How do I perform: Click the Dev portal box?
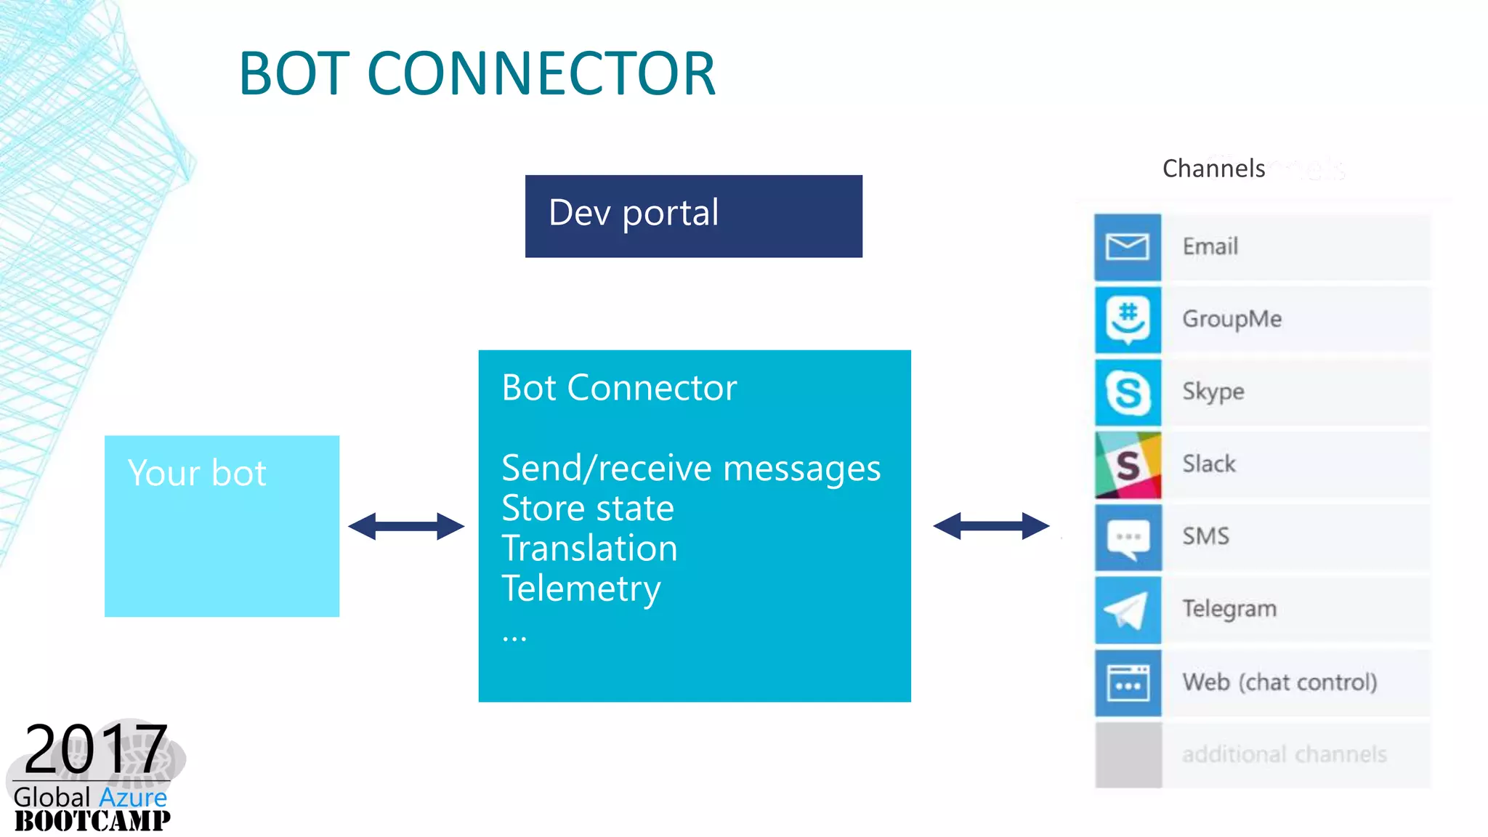pos(693,216)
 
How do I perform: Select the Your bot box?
pos(222,526)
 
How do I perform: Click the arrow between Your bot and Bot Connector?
pos(406,526)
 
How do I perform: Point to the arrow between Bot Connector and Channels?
pos(991,525)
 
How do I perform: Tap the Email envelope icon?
pos(1128,247)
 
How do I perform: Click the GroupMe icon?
pos(1128,320)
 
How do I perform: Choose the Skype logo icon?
pos(1128,392)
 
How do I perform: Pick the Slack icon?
pos(1128,465)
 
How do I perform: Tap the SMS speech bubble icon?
pos(1128,538)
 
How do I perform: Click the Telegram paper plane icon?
pos(1128,610)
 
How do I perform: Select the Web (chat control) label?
pos(1279,682)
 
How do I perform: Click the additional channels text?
pos(1284,754)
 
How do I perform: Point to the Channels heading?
pos(1213,169)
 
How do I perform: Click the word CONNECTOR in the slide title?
pos(541,74)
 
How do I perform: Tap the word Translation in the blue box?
pos(589,548)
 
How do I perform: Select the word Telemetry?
pos(581,589)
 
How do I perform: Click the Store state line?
pos(588,508)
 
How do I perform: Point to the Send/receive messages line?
pos(690,468)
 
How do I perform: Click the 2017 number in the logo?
pos(96,749)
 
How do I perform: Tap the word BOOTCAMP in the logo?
pos(92,821)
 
